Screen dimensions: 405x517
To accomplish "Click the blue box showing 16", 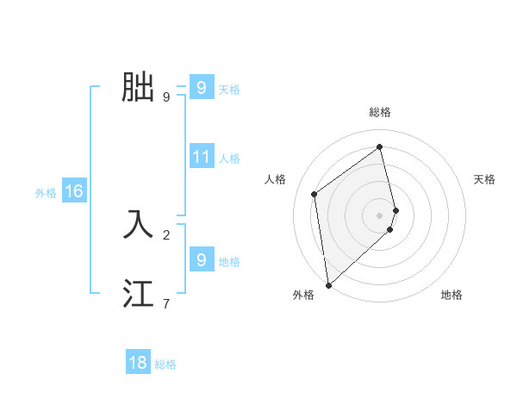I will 73,191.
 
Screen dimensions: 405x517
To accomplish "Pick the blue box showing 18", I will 138,363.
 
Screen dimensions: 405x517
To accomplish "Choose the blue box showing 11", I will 202,157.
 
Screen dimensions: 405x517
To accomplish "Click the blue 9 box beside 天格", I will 202,88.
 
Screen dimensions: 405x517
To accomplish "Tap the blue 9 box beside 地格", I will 202,259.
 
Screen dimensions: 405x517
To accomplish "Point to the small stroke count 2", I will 166,234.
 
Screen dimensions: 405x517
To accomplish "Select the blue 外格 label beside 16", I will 46,193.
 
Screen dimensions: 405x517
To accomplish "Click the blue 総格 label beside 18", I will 165,364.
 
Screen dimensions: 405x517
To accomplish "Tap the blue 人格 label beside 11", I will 229,159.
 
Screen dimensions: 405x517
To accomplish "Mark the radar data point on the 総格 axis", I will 380,147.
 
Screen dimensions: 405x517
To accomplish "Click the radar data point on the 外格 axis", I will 328,285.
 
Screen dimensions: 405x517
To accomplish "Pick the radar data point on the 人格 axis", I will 315,194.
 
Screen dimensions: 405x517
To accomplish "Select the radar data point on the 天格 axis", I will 396,209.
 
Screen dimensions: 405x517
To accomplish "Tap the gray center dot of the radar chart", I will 380,215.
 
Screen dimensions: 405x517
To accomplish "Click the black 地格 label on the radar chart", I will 452,295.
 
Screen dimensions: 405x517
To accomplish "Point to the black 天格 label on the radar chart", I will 484,179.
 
